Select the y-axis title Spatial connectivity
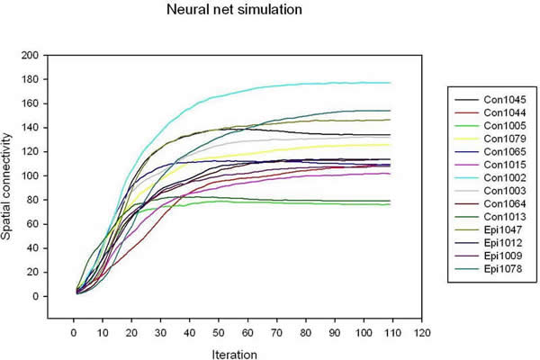click(x=12, y=175)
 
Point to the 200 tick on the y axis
click(x=30, y=55)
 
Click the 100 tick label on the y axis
click(x=30, y=175)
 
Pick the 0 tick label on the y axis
click(x=34, y=296)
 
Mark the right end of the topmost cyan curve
click(x=390, y=83)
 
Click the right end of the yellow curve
click(x=390, y=144)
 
